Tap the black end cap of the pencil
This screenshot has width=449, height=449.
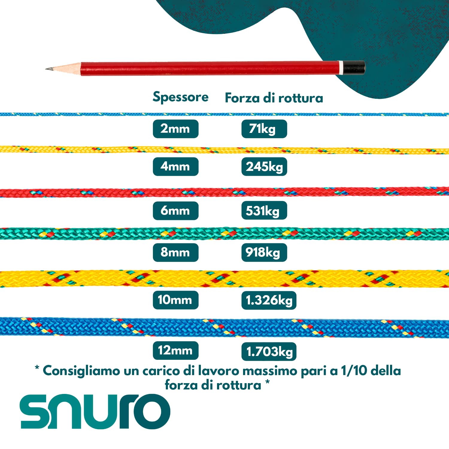coord(354,68)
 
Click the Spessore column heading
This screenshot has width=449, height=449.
coord(180,97)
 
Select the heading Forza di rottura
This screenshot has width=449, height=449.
coord(274,98)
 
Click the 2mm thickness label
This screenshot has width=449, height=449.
coord(176,129)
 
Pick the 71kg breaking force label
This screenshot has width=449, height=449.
coord(264,129)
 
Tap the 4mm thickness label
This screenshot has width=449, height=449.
coord(176,166)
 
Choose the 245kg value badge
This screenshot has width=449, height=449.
coord(264,166)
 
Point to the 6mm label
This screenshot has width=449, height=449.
coord(176,211)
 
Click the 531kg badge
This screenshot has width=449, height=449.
coord(264,211)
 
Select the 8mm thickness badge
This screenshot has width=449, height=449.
coord(176,252)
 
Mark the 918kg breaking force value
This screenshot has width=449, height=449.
coord(264,252)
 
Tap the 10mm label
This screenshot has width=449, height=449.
coord(176,300)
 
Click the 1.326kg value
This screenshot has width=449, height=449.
coord(269,300)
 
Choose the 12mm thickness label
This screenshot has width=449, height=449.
coord(176,351)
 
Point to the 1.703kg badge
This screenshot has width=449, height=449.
coord(269,351)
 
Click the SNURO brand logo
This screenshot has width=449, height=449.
coord(95,411)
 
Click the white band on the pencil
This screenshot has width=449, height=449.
coord(341,68)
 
